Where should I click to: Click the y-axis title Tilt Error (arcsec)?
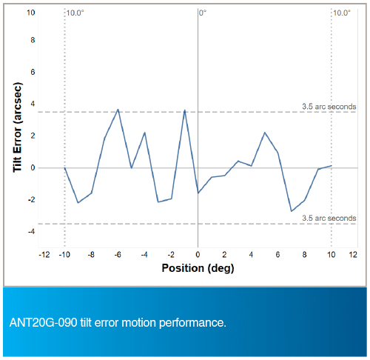click(x=18, y=127)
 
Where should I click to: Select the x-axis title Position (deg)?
click(x=198, y=268)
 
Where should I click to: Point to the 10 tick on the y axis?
click(x=31, y=13)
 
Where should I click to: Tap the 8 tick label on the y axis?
click(x=33, y=40)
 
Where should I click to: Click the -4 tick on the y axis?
click(x=32, y=232)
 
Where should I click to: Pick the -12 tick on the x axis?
click(x=44, y=255)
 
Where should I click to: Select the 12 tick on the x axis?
click(x=353, y=255)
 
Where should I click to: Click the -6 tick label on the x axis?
click(x=118, y=255)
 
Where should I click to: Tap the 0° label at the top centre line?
click(x=203, y=13)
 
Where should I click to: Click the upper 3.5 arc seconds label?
click(x=329, y=107)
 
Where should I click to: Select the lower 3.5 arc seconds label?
click(x=329, y=219)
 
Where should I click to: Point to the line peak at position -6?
click(x=118, y=110)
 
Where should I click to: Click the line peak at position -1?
click(x=184, y=110)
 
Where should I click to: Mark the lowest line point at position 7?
click(x=292, y=211)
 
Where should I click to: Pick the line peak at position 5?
click(x=265, y=133)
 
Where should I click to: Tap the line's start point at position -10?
click(x=64, y=168)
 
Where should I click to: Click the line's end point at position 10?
click(x=332, y=166)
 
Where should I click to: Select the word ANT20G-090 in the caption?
click(x=44, y=323)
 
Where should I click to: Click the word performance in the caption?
click(x=192, y=323)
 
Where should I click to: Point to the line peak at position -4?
click(x=144, y=133)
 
